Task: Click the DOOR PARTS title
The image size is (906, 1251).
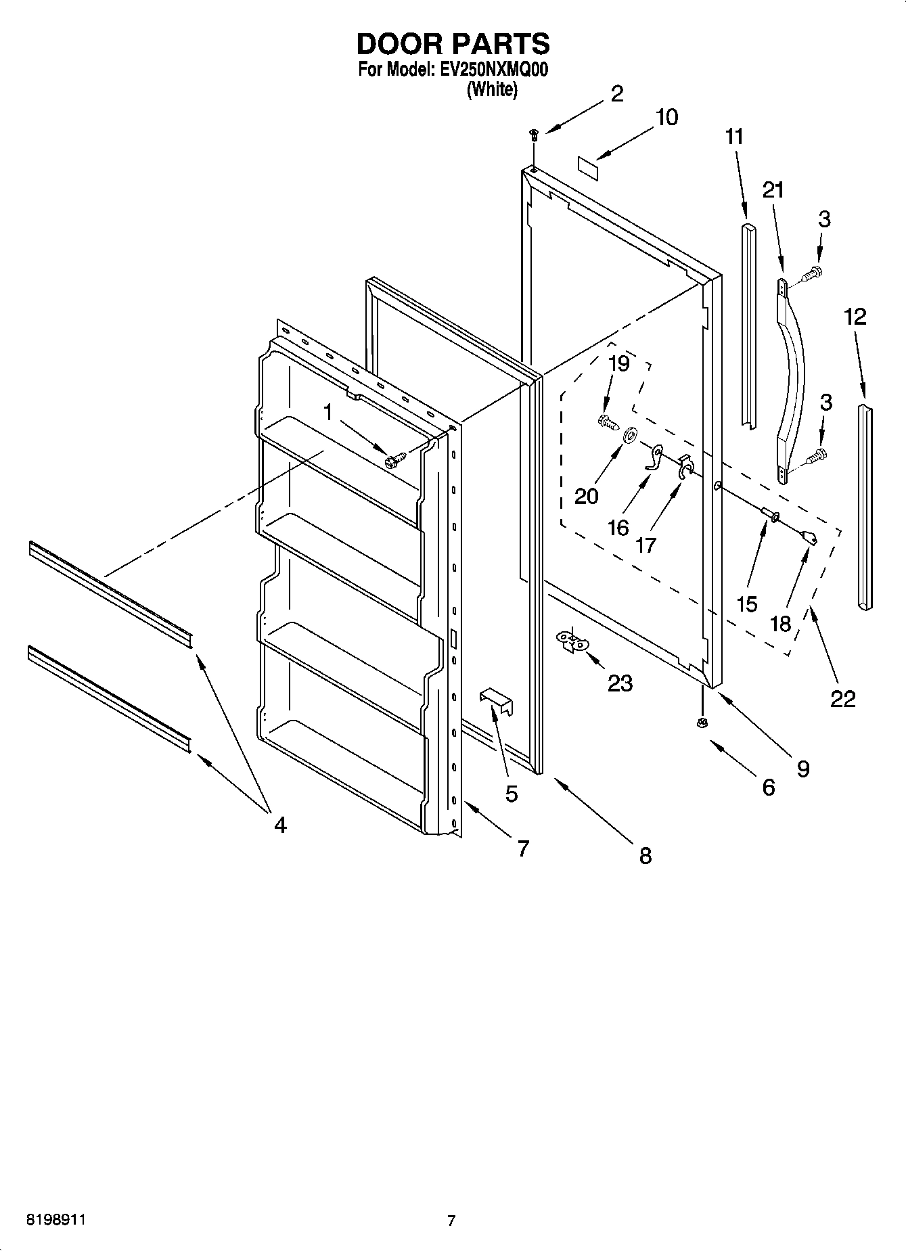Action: click(x=453, y=44)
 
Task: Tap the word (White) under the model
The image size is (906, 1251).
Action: click(x=492, y=90)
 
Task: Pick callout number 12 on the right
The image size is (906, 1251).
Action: click(x=855, y=317)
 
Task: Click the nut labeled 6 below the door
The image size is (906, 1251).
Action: click(x=702, y=723)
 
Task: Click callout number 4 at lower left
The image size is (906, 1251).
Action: click(x=279, y=825)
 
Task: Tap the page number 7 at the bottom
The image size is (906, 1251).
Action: click(x=451, y=1221)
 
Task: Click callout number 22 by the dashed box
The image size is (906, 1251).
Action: click(x=843, y=698)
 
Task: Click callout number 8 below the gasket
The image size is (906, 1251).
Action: click(x=645, y=855)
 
